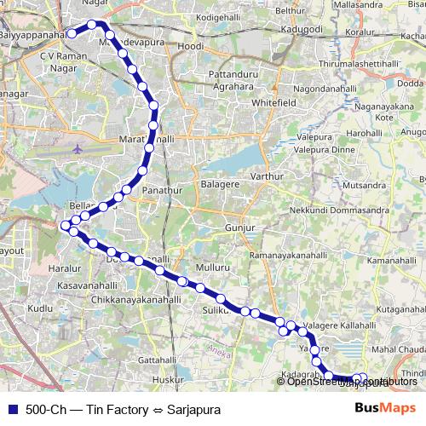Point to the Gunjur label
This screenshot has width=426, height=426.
coord(239,228)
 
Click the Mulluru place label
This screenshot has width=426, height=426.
coord(213,268)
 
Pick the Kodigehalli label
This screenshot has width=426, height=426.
coord(219,17)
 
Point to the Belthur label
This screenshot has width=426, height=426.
coord(291,10)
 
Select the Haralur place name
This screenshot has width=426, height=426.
coord(65,268)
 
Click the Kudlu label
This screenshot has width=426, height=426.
coord(40,308)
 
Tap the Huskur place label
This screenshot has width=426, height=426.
coord(167,379)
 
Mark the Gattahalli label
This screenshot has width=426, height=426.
coord(157,360)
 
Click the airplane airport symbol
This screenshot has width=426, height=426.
coord(78,148)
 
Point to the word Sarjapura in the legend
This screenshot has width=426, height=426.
coord(193,410)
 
